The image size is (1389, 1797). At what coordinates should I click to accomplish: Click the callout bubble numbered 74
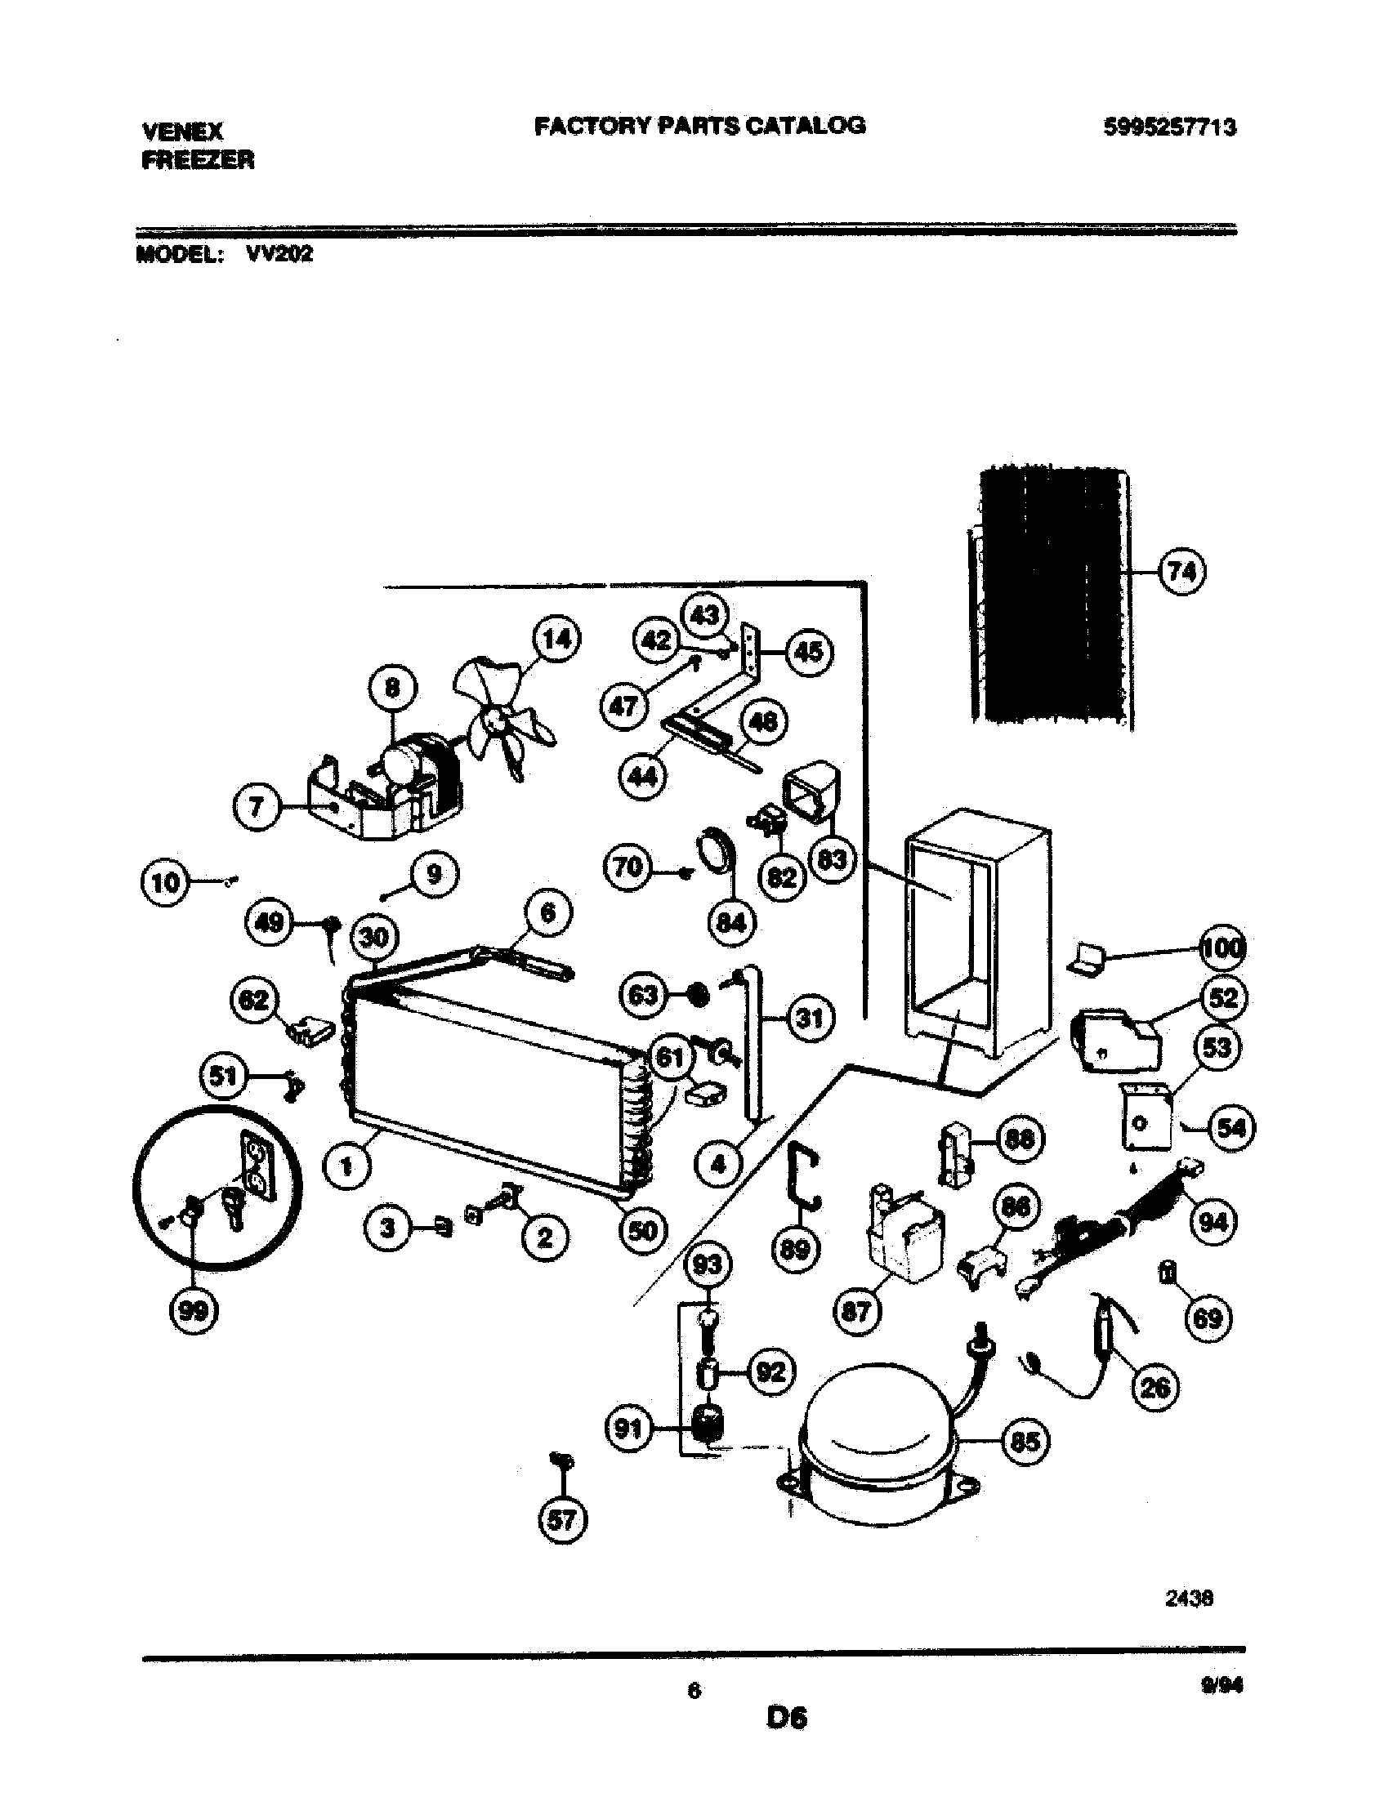pos(1182,571)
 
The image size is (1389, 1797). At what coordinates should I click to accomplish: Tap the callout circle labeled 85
pos(1025,1442)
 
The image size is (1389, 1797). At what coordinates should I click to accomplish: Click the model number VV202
pos(279,254)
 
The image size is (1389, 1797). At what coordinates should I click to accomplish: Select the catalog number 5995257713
pos(1168,127)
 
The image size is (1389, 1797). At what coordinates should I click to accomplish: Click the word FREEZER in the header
pos(199,159)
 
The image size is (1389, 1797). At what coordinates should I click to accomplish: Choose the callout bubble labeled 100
pos(1224,948)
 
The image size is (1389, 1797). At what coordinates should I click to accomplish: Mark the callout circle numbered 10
pos(164,883)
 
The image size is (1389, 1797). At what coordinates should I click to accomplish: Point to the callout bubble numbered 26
pos(1156,1387)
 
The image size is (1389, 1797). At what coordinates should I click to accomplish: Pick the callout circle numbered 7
pos(257,808)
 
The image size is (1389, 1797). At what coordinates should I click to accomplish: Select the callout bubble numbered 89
pos(795,1249)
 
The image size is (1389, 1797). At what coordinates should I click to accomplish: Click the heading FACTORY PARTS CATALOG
pos(699,125)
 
